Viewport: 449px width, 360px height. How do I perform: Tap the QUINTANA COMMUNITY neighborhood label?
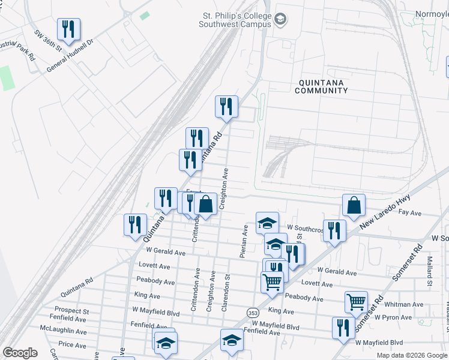tap(321, 86)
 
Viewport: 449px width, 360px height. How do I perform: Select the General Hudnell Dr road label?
tap(70, 57)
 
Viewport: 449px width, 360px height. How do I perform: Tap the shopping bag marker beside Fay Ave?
tap(354, 205)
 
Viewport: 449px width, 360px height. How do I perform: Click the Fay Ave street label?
tap(411, 213)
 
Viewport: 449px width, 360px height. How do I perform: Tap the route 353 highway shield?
tap(252, 313)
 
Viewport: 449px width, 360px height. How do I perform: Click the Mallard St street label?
tap(430, 272)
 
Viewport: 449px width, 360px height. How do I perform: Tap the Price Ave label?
tap(72, 345)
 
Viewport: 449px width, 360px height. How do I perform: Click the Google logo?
tap(19, 353)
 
